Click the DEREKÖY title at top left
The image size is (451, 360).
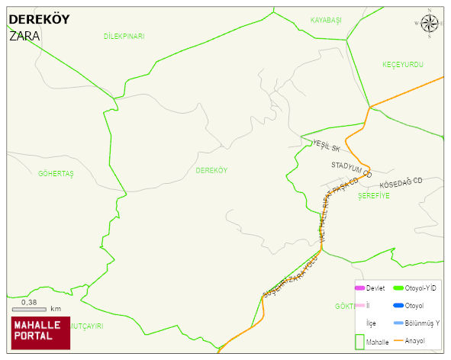pyautogui.click(x=39, y=20)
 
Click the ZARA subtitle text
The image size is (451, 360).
pyautogui.click(x=24, y=36)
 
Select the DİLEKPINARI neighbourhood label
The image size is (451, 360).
pyautogui.click(x=124, y=37)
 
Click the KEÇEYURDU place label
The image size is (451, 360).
pyautogui.click(x=402, y=65)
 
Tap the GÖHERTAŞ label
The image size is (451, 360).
pyautogui.click(x=56, y=174)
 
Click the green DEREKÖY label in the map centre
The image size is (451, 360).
pyautogui.click(x=211, y=170)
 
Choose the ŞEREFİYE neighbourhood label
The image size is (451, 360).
pyautogui.click(x=373, y=196)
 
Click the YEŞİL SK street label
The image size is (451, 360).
pyautogui.click(x=326, y=144)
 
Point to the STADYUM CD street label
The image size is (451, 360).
pyautogui.click(x=351, y=169)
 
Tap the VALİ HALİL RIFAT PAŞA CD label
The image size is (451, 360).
pyautogui.click(x=334, y=211)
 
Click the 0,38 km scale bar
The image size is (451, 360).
pyautogui.click(x=35, y=307)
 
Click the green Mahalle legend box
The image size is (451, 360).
pyautogui.click(x=360, y=341)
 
